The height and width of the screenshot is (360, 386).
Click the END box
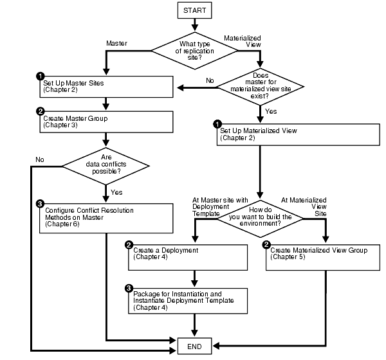click(194, 346)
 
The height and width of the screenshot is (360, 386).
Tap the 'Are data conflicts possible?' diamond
click(107, 167)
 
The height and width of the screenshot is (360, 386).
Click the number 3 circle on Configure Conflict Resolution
click(40, 204)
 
